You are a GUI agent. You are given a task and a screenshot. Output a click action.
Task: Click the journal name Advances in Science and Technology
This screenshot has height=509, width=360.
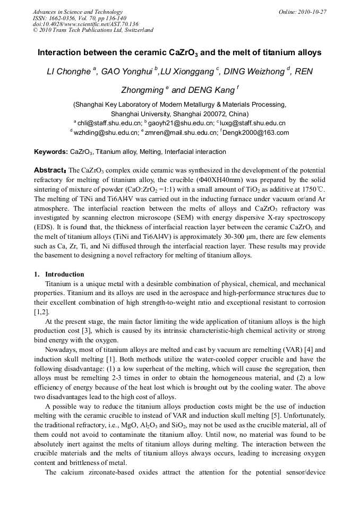[x=78, y=12]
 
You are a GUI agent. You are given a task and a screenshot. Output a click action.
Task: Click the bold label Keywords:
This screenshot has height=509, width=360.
[x=51, y=152]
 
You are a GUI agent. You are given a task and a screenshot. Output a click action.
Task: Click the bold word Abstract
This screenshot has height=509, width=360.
[x=49, y=170]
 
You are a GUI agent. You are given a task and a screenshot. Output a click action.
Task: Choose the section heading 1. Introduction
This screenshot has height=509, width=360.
[x=59, y=274]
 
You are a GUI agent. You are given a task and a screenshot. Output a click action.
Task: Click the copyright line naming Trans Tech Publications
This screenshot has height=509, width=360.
[x=93, y=30]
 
